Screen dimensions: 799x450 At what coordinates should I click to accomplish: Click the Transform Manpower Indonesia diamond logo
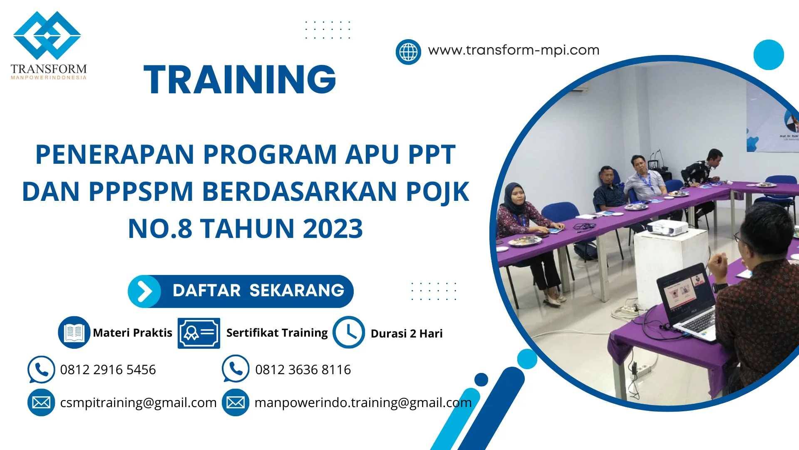click(47, 35)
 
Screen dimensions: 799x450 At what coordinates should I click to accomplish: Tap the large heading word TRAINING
click(240, 79)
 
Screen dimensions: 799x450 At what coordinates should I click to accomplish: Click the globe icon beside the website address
click(408, 52)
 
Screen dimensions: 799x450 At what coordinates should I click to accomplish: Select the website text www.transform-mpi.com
click(514, 50)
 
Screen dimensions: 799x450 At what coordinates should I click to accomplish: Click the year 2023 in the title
click(333, 228)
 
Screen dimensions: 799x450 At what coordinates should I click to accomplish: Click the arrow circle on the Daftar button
click(144, 291)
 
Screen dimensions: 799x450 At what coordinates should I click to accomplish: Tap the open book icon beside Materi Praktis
click(74, 332)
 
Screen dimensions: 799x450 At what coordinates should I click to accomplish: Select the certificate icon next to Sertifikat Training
click(199, 333)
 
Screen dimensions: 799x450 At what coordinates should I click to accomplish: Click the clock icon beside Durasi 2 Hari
click(349, 332)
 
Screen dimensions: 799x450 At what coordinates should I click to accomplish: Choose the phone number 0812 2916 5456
click(108, 370)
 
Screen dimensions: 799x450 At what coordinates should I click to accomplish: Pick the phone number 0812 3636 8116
click(303, 370)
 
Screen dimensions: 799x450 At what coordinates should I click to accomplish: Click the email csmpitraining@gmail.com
click(138, 402)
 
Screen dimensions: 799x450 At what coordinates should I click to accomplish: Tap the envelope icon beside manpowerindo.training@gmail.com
click(236, 402)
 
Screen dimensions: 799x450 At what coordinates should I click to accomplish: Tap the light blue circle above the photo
click(769, 55)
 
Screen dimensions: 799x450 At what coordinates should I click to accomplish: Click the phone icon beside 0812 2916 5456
click(41, 369)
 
